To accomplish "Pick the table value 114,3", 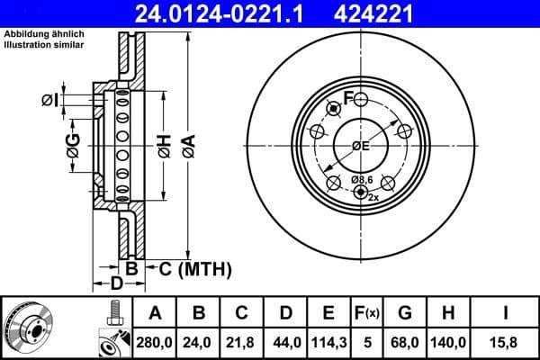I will tap(329, 342).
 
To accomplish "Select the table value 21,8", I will tap(242, 342).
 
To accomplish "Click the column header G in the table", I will tap(404, 313).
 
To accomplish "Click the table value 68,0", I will tap(404, 342).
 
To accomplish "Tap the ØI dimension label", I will tap(51, 99).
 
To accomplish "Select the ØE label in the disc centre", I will tap(360, 146).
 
